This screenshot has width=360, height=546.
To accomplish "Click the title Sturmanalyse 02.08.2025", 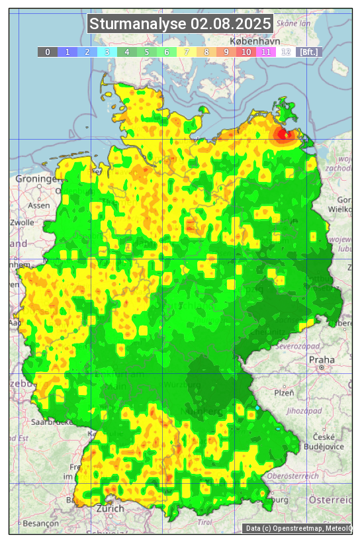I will [180, 24].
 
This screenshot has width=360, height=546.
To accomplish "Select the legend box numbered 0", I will [48, 52].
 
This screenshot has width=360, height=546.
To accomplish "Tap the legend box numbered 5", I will [147, 52].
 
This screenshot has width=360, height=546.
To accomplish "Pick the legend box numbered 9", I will [226, 52].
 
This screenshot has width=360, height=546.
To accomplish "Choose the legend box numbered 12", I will [286, 52].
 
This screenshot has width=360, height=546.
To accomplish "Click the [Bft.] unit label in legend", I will [308, 52].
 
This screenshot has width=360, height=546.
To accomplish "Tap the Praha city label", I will [321, 359].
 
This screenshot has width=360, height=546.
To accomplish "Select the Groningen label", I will [37, 179].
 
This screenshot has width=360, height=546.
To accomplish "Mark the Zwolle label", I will [22, 222].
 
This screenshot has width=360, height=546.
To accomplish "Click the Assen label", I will [39, 205].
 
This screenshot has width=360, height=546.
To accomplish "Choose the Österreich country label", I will [331, 499].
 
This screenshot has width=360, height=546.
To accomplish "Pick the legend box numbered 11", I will [266, 52].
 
